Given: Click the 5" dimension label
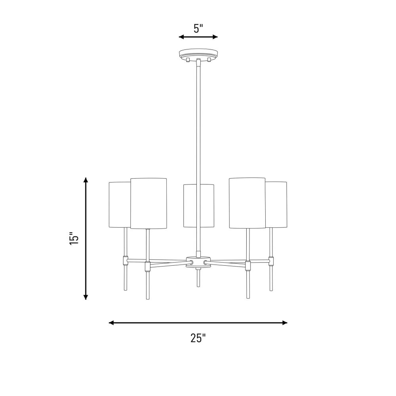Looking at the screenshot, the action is [198, 29].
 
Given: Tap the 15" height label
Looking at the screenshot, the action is [74, 238].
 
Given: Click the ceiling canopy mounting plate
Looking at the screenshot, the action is [198, 53].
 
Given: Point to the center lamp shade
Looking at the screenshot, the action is [199, 206].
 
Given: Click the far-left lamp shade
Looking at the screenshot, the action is [120, 205].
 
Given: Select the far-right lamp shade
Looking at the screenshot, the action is [276, 205].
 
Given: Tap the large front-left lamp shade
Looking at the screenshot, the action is [148, 203].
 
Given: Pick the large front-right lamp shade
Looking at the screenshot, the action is [247, 203].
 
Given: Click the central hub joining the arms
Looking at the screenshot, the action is [198, 262].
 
